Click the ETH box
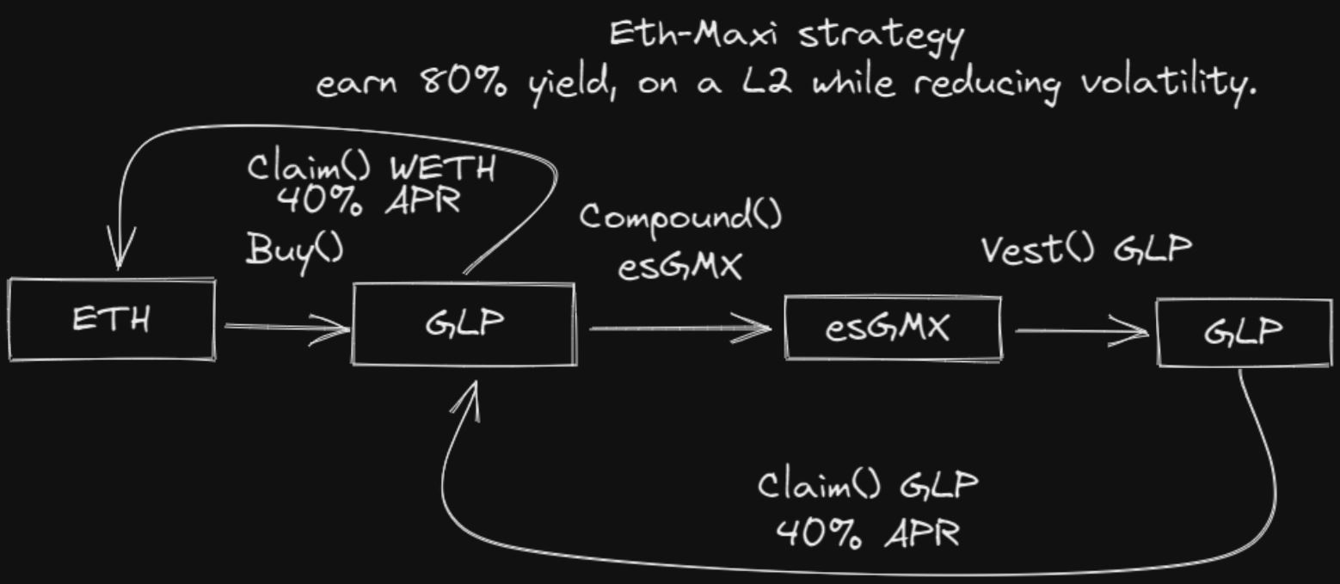[112, 319]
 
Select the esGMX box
[893, 328]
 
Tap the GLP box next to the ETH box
[464, 324]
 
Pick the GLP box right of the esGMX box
[1244, 333]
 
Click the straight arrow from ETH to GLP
[284, 327]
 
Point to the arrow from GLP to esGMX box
[679, 328]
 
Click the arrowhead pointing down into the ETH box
[119, 254]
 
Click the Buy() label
[295, 250]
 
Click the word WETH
[443, 169]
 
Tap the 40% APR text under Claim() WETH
[369, 200]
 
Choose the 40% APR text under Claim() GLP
[867, 533]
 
